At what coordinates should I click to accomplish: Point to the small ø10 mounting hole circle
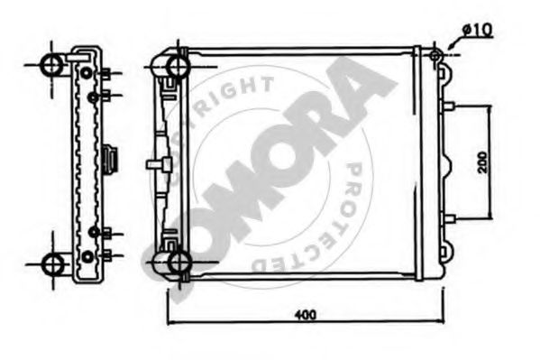tap(437, 57)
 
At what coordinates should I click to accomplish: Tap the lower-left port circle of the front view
tap(171, 263)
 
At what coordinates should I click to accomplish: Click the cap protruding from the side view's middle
tap(112, 161)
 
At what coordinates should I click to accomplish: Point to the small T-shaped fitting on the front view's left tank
tap(158, 163)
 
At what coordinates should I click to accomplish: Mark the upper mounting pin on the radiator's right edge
tap(448, 106)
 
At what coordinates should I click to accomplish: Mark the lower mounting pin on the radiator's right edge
tap(448, 217)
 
